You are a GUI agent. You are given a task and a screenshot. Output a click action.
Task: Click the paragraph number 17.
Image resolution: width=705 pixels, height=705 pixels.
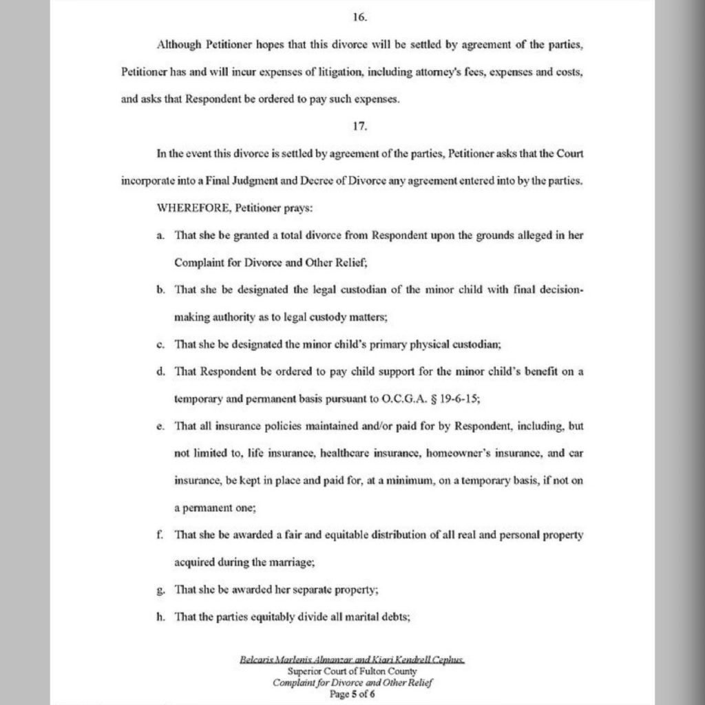[352, 125]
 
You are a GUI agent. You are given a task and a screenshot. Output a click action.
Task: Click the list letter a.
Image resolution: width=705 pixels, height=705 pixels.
[159, 235]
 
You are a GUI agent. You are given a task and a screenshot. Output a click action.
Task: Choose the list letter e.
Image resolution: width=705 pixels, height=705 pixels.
[159, 426]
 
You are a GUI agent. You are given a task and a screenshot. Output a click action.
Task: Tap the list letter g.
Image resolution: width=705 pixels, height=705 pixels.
[159, 589]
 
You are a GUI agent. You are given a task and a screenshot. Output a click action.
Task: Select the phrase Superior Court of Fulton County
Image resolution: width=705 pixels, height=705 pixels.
[352, 672]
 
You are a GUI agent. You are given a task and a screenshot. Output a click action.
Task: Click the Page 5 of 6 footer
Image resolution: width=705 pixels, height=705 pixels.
[352, 695]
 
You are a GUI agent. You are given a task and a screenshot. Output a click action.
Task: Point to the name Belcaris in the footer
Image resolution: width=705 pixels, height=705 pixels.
[256, 660]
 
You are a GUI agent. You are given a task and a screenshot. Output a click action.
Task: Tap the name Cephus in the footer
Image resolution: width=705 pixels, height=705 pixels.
[448, 660]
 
